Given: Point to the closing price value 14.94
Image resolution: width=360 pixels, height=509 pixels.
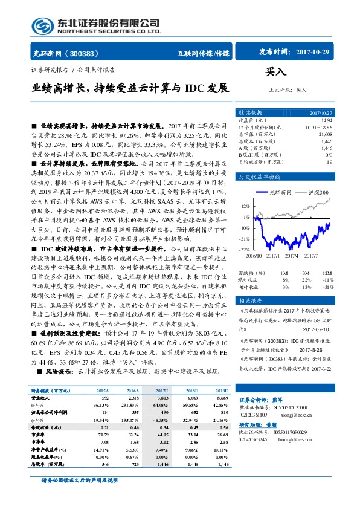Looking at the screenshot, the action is point(327,120).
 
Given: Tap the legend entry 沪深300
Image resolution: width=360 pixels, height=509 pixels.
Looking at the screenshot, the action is point(319,192).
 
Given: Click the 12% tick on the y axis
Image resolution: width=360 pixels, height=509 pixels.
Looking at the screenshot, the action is point(245,206).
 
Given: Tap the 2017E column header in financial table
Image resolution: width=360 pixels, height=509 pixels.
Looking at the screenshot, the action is point(161,391).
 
